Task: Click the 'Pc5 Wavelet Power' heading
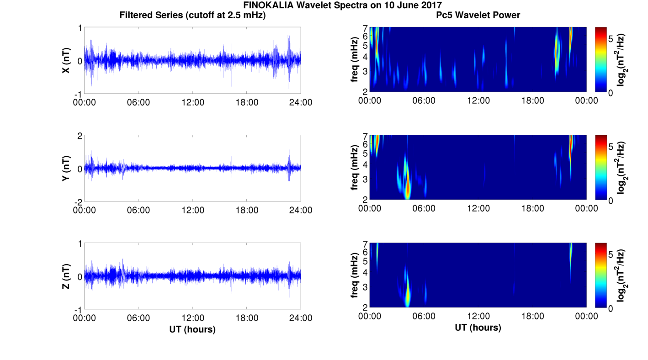pyautogui.click(x=478, y=16)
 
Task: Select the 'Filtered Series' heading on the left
pyautogui.click(x=192, y=16)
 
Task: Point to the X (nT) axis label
pyautogui.click(x=67, y=60)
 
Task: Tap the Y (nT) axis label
pyautogui.click(x=67, y=168)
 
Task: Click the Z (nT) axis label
pyautogui.click(x=67, y=276)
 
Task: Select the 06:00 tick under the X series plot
pyautogui.click(x=138, y=102)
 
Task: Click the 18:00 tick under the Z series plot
pyautogui.click(x=247, y=318)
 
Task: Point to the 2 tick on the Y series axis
pyautogui.click(x=80, y=136)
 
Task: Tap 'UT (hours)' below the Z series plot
pyautogui.click(x=192, y=329)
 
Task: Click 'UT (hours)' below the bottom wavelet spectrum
pyautogui.click(x=478, y=328)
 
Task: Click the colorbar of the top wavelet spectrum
pyautogui.click(x=600, y=59)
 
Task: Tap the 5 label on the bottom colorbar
pyautogui.click(x=612, y=254)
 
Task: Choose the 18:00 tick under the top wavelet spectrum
pyautogui.click(x=532, y=101)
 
